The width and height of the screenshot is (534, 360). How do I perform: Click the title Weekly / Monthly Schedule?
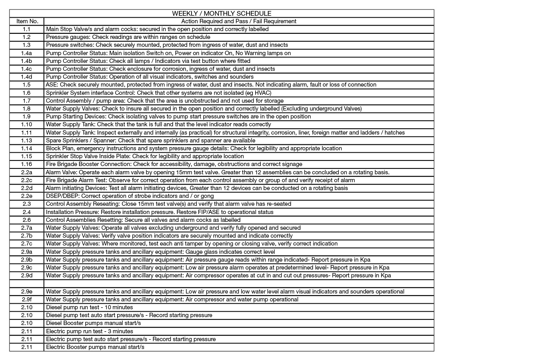pyautogui.click(x=221, y=13)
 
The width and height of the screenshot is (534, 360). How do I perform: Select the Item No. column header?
pyautogui.click(x=27, y=21)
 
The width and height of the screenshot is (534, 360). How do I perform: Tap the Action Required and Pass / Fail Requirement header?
pyautogui.click(x=239, y=21)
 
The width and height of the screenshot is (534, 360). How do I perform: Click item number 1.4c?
pyautogui.click(x=27, y=69)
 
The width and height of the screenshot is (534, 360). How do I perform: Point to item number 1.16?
pyautogui.click(x=27, y=164)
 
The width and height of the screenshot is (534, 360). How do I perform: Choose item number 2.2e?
pyautogui.click(x=27, y=196)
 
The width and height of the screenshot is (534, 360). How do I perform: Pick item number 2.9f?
pyautogui.click(x=27, y=299)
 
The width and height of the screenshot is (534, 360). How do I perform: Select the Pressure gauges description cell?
pyautogui.click(x=128, y=37)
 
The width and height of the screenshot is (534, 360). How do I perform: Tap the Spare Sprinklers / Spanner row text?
pyautogui.click(x=151, y=140)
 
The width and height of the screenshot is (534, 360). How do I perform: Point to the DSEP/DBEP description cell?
pyautogui.click(x=130, y=196)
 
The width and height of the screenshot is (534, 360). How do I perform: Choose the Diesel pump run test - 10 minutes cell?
pyautogui.click(x=89, y=307)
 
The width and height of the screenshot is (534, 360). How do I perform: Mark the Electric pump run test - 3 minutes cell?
pyautogui.click(x=89, y=331)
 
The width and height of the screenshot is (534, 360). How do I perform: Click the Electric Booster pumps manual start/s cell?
pyautogui.click(x=95, y=347)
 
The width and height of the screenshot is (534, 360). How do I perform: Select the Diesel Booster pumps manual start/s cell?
pyautogui.click(x=93, y=323)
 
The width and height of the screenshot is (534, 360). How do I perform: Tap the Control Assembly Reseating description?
pyautogui.click(x=168, y=204)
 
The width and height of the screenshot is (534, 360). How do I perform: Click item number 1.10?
pyautogui.click(x=27, y=124)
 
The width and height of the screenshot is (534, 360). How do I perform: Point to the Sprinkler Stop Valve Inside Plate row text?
pyautogui.click(x=145, y=156)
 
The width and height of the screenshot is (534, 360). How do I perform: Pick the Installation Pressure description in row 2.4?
pyautogui.click(x=159, y=212)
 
